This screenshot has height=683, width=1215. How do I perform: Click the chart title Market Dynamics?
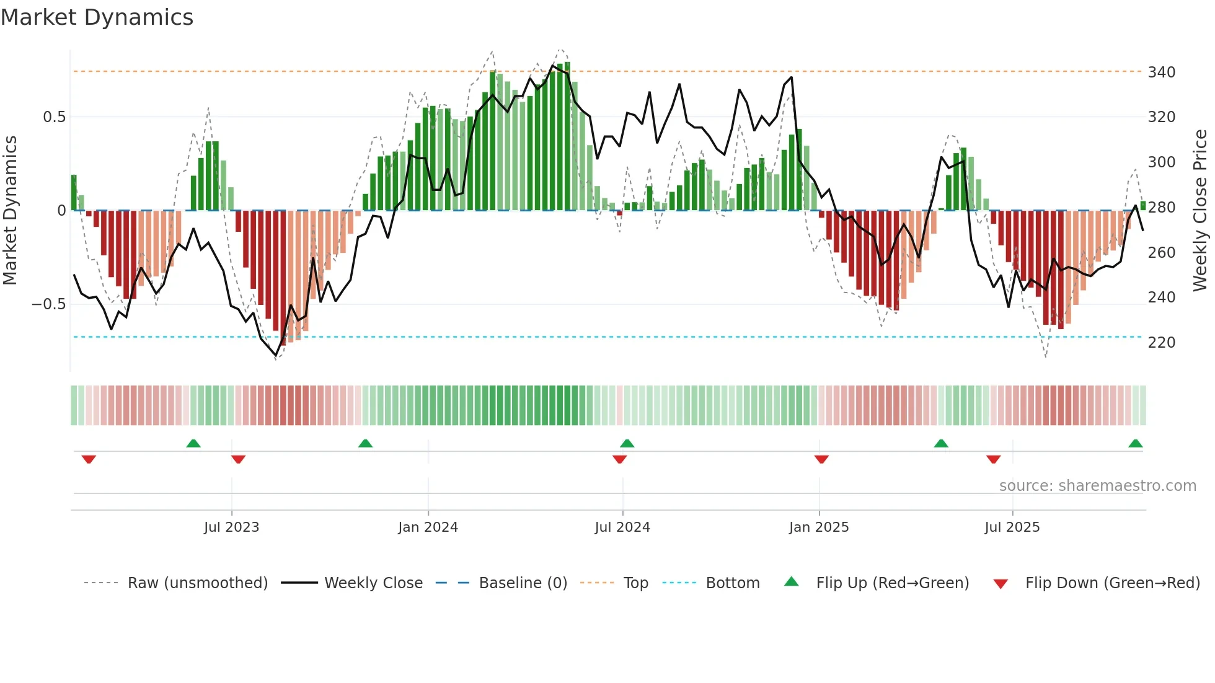click(97, 17)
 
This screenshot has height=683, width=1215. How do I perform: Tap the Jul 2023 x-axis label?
click(231, 527)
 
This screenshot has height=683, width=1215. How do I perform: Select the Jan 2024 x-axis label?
click(428, 527)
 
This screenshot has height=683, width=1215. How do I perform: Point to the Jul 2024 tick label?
click(622, 527)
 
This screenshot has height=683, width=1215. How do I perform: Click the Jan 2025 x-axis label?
click(819, 527)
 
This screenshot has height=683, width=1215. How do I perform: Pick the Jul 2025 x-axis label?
click(1012, 527)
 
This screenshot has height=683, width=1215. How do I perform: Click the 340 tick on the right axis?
click(1161, 73)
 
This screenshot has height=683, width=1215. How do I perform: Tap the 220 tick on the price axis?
click(1161, 343)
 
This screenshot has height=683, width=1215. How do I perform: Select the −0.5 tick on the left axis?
click(48, 304)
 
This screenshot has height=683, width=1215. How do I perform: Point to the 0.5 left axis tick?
click(54, 117)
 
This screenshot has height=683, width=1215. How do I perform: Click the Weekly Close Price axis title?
click(1200, 211)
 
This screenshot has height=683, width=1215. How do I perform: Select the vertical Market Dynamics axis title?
click(10, 211)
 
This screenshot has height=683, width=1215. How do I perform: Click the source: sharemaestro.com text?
click(1097, 486)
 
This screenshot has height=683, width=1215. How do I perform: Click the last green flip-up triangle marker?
click(1135, 444)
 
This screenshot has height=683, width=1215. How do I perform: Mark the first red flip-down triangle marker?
click(89, 459)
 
